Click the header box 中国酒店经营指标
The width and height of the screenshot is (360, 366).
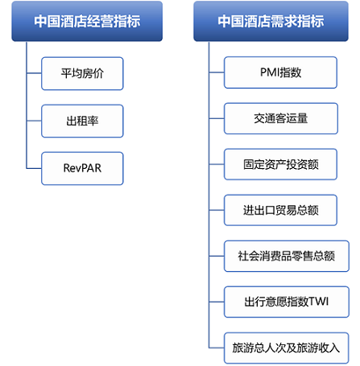pyautogui.click(x=87, y=21)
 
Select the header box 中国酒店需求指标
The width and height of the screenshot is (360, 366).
pyautogui.click(x=271, y=21)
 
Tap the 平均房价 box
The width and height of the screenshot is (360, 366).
pyautogui.click(x=82, y=73)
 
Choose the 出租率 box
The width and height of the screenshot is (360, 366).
pyautogui.click(x=82, y=121)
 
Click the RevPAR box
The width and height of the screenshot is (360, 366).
pyautogui.click(x=82, y=168)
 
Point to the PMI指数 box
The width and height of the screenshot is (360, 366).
pyautogui.click(x=280, y=72)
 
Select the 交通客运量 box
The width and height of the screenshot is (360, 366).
pyautogui.click(x=281, y=118)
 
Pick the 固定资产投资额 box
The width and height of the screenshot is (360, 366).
pyautogui.click(x=280, y=164)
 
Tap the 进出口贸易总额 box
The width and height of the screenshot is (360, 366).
pyautogui.click(x=280, y=210)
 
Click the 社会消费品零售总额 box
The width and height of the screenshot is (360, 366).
pyautogui.click(x=287, y=256)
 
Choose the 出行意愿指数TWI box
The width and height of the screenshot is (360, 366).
pyautogui.click(x=287, y=302)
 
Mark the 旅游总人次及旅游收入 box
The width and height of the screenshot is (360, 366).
pyautogui.click(x=287, y=348)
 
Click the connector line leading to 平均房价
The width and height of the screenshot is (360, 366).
pyautogui.click(x=34, y=73)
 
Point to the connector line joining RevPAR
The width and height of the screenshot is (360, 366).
pyautogui.click(x=34, y=168)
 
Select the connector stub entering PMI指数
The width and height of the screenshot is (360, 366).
pyautogui.click(x=217, y=72)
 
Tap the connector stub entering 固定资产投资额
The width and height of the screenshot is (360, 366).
pyautogui.click(x=217, y=164)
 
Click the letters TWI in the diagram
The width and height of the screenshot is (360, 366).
pyautogui.click(x=319, y=302)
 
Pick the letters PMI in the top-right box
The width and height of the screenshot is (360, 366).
pyautogui.click(x=269, y=72)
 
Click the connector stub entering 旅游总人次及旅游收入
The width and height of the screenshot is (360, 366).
pyautogui.click(x=217, y=348)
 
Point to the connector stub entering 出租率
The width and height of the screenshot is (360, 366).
pyautogui.click(x=34, y=121)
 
